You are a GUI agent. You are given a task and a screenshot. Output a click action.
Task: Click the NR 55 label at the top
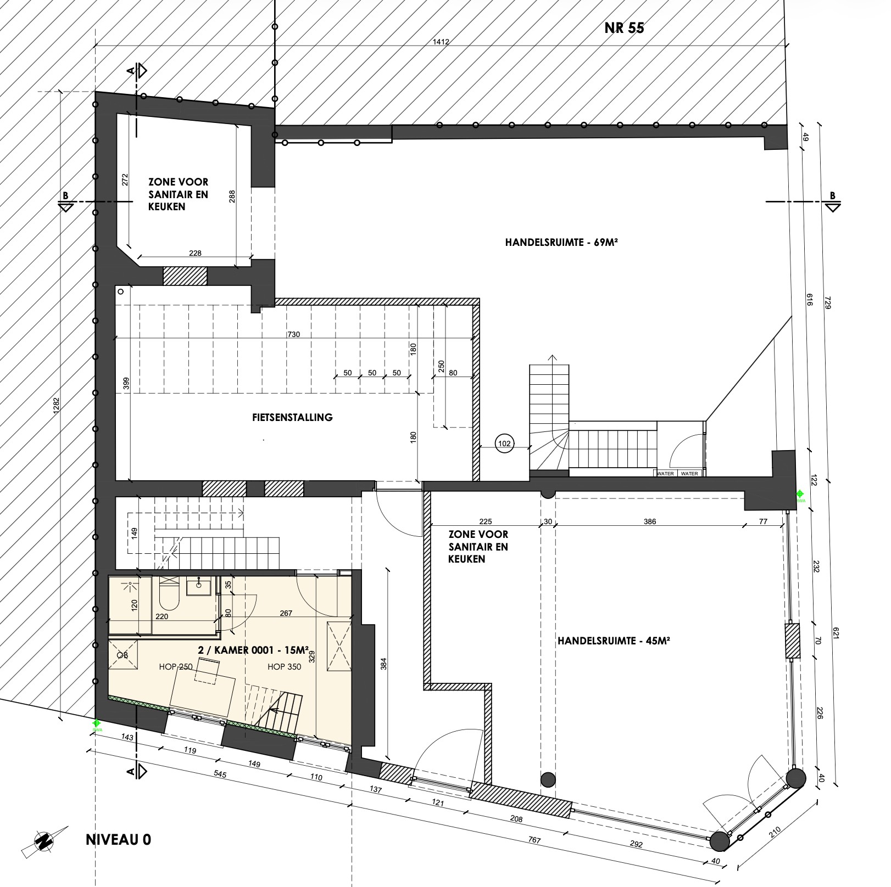click(624, 28)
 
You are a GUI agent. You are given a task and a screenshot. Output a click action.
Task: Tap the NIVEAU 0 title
click(118, 840)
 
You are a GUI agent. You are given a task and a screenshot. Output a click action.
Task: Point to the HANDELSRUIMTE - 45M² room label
click(614, 641)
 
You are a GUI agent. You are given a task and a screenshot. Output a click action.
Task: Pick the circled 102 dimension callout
click(504, 443)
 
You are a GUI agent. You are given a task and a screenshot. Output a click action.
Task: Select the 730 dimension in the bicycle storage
click(293, 334)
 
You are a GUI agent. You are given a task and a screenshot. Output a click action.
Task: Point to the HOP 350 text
click(284, 667)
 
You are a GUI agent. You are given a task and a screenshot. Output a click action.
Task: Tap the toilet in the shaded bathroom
click(169, 594)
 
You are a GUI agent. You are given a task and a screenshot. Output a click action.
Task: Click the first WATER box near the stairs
click(665, 473)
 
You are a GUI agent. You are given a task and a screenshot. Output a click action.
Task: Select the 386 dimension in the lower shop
click(650, 522)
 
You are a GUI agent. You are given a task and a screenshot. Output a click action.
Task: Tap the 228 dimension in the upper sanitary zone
click(195, 253)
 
